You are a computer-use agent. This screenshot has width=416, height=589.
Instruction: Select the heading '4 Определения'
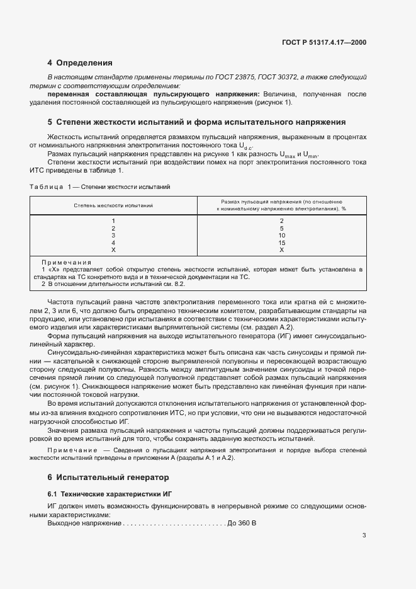click(80, 63)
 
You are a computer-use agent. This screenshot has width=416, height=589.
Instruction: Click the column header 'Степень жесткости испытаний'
click(113, 205)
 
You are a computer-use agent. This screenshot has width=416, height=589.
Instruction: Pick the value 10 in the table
click(281, 235)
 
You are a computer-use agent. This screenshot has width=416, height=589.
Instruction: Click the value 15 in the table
click(281, 243)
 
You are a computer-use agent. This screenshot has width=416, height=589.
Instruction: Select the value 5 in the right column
click(281, 228)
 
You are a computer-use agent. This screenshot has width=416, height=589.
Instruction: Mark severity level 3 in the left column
click(113, 235)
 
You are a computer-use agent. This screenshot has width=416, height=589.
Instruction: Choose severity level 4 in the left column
click(113, 243)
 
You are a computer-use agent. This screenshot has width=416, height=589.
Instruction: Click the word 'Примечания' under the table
click(66, 262)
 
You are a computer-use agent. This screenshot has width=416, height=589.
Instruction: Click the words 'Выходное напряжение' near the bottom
click(84, 523)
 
